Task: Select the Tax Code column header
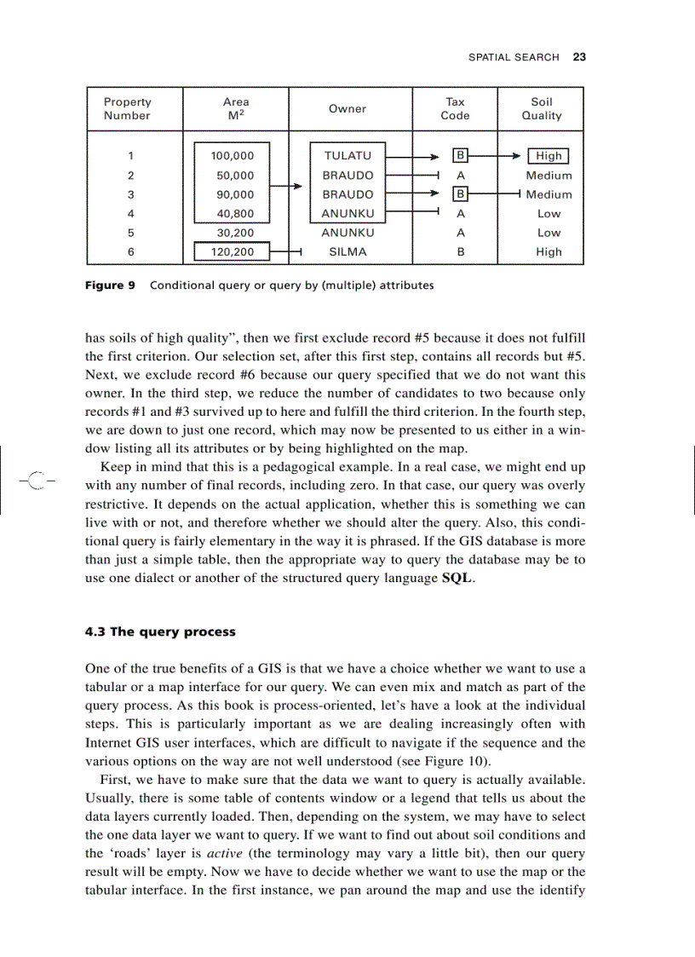point(455,108)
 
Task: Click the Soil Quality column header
point(542,108)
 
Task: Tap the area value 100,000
point(233,156)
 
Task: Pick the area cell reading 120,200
point(233,252)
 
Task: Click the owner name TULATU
point(347,156)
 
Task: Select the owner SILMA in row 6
point(347,252)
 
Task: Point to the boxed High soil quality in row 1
point(549,156)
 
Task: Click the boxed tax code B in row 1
point(460,156)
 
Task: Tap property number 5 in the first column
point(130,233)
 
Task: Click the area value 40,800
point(235,214)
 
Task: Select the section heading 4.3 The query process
point(160,632)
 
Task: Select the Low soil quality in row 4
point(549,214)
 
